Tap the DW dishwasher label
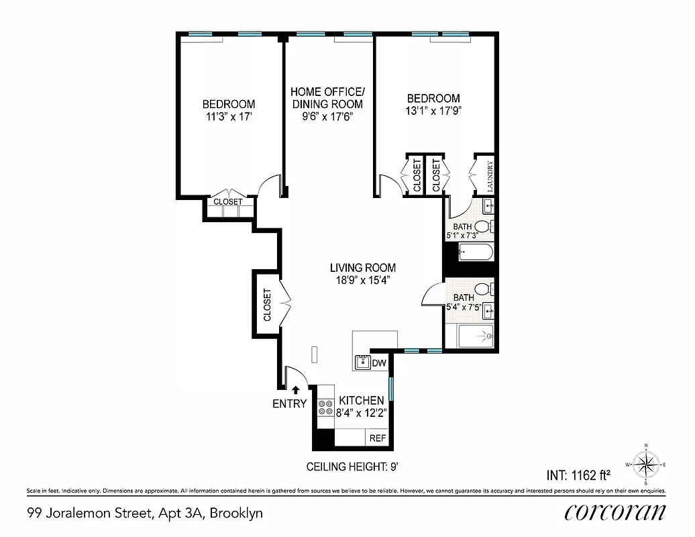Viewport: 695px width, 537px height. click(x=379, y=363)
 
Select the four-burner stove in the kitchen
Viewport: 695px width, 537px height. click(x=326, y=406)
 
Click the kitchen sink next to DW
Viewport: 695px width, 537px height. click(x=362, y=362)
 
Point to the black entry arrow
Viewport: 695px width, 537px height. click(x=295, y=389)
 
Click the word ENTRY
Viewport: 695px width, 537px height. click(x=289, y=404)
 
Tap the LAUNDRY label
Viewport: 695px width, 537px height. click(x=490, y=177)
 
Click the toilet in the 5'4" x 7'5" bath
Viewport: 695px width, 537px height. click(x=490, y=289)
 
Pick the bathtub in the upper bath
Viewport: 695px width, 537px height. click(x=476, y=254)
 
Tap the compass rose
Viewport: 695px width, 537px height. click(x=645, y=464)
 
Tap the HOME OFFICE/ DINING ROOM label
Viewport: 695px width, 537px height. click(x=327, y=98)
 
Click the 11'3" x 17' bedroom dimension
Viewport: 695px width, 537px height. click(x=229, y=116)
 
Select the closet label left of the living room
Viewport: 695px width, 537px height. click(x=266, y=305)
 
